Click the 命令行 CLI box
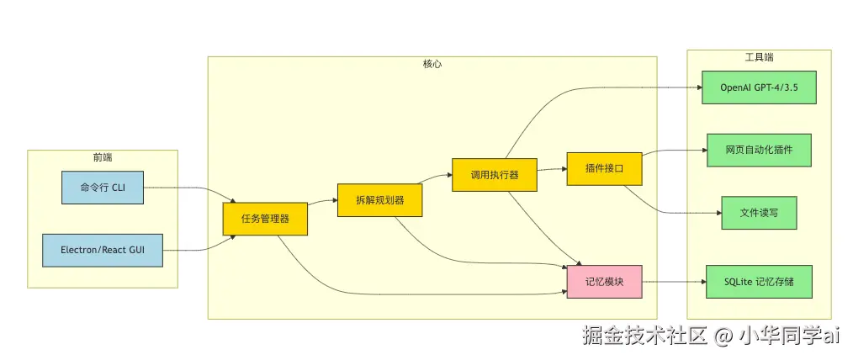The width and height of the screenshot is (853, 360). [x=103, y=187]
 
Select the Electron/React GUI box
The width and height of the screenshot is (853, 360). [x=103, y=250]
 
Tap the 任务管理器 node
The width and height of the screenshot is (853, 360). [x=265, y=218]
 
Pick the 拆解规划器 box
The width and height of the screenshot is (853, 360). [x=379, y=200]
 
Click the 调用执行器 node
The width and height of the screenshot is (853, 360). [x=494, y=175]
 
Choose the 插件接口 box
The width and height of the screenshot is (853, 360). [x=604, y=168]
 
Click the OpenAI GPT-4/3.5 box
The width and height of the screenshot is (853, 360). [x=759, y=87]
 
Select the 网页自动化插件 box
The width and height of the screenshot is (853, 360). [x=759, y=150]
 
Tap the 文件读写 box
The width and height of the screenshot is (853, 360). [x=759, y=213]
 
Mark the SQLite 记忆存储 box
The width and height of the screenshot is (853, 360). [x=759, y=281]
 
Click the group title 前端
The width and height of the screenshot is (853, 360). [x=103, y=157]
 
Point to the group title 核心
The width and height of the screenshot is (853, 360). [x=432, y=64]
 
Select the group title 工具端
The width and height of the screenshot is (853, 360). [x=759, y=57]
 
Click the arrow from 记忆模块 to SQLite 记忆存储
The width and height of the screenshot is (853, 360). [x=673, y=281]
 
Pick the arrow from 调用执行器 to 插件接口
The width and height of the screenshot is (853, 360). [x=551, y=169]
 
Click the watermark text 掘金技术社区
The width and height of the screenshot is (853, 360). [x=645, y=336]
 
